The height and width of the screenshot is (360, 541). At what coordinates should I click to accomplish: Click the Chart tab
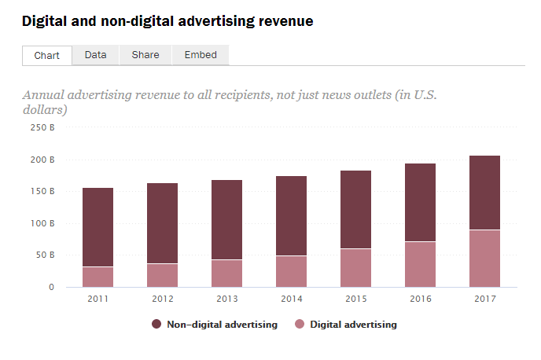(x=47, y=55)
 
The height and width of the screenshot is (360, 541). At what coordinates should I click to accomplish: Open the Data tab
(x=95, y=55)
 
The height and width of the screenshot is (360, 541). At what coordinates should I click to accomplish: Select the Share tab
(x=145, y=55)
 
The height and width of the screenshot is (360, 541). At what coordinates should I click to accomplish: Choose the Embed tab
(x=201, y=55)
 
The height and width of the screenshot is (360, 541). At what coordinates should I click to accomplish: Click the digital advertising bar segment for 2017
(x=484, y=258)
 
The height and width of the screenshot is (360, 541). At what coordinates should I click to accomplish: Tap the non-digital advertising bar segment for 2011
(x=98, y=227)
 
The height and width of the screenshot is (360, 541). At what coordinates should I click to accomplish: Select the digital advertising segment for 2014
(x=292, y=271)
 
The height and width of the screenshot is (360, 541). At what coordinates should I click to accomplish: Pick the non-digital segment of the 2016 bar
(x=420, y=203)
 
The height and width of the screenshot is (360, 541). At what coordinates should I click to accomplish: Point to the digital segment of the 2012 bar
(x=163, y=275)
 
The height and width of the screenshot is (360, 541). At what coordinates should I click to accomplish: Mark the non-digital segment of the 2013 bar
(x=227, y=220)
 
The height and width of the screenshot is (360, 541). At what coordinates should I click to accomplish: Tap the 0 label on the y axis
(x=51, y=287)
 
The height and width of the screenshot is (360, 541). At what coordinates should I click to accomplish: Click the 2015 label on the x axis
(x=355, y=298)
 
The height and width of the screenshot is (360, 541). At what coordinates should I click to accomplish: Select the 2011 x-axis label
(x=98, y=298)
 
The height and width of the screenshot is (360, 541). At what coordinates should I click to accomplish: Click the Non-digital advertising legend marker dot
(x=156, y=324)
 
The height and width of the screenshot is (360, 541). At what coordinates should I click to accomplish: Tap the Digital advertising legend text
(x=353, y=324)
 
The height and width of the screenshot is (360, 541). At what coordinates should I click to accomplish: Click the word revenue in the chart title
(x=285, y=21)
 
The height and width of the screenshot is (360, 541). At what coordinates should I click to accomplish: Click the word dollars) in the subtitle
(x=44, y=110)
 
